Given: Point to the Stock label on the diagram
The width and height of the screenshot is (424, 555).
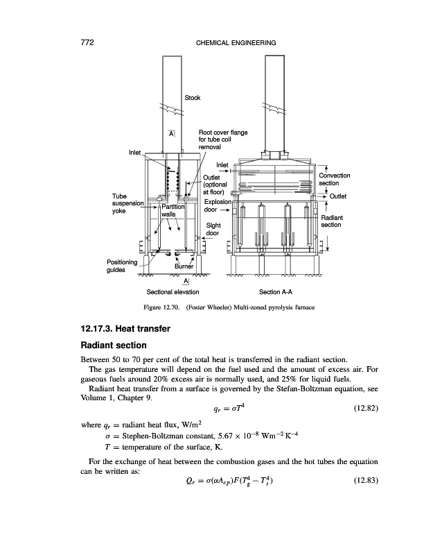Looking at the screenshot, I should point(193,98).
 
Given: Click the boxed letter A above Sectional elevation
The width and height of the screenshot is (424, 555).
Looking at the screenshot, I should point(186,280).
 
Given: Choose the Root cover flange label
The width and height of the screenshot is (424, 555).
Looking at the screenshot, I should point(223,133).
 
